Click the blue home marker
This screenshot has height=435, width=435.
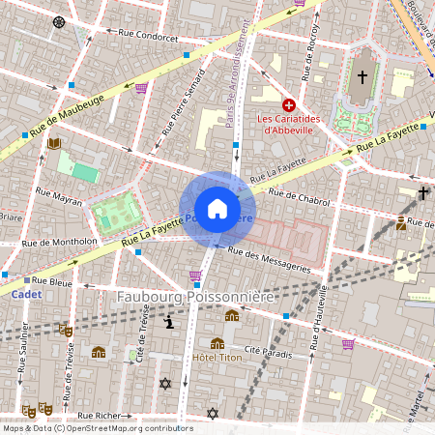[x=217, y=209]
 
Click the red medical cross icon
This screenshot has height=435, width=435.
[x=288, y=104]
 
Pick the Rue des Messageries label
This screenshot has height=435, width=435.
[x=269, y=258]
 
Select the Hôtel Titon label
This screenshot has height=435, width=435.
[x=217, y=358]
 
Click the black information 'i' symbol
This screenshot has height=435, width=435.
[x=170, y=322]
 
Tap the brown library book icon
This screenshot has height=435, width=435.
[x=54, y=144]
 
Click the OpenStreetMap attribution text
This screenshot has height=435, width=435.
[x=97, y=428]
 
